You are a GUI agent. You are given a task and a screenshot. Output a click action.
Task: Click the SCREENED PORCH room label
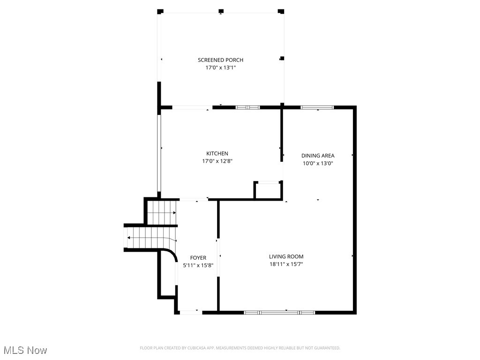[220, 60]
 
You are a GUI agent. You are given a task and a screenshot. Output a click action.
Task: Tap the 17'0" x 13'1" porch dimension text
[220, 68]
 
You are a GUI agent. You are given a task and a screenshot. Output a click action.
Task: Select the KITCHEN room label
[217, 154]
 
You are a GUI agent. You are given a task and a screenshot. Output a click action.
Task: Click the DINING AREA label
[318, 156]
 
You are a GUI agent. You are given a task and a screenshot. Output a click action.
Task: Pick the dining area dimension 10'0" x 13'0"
[318, 164]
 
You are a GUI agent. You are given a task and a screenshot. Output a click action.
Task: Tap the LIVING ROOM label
[286, 257]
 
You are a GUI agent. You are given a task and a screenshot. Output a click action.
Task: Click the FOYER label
[198, 258]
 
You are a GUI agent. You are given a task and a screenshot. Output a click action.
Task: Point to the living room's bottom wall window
[280, 312]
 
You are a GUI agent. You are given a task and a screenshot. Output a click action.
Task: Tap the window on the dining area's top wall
[317, 108]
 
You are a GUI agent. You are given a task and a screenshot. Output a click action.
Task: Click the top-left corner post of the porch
[160, 11]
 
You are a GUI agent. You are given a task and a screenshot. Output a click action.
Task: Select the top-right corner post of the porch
[281, 11]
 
